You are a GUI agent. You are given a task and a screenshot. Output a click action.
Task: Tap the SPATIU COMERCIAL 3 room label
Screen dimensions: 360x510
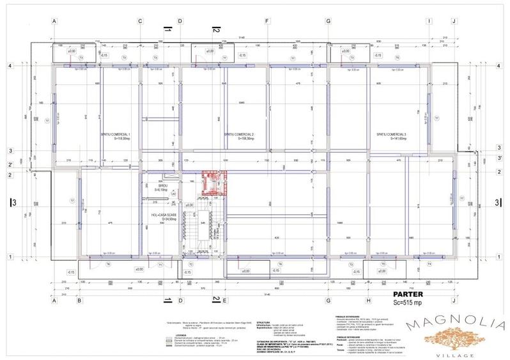pyautogui.click(x=392, y=134)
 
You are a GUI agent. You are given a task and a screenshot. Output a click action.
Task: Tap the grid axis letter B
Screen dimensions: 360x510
pyautogui.click(x=79, y=300)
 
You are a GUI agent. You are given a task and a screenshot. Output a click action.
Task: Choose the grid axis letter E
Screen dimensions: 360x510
pyautogui.click(x=216, y=300)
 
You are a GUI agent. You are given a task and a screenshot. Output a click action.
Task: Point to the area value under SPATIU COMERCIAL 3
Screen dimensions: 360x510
pyautogui.click(x=392, y=139)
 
